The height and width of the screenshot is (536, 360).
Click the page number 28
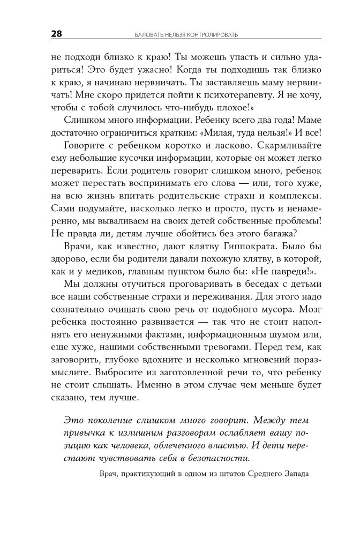56,34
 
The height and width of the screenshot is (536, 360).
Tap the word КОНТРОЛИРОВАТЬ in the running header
212,35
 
